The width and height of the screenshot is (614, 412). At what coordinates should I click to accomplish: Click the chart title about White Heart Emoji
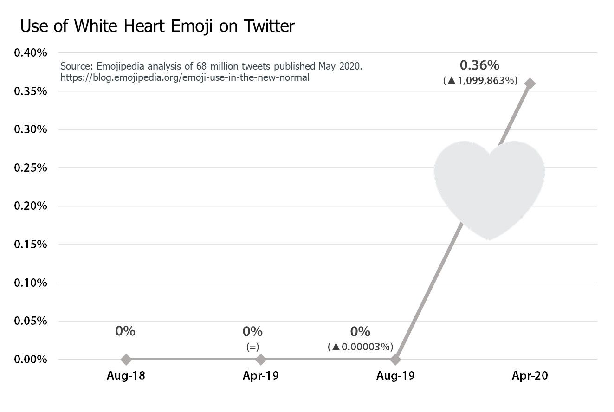pyautogui.click(x=157, y=26)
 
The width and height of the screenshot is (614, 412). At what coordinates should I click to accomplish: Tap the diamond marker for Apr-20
pyautogui.click(x=530, y=84)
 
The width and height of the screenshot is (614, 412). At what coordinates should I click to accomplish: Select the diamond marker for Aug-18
pyautogui.click(x=126, y=359)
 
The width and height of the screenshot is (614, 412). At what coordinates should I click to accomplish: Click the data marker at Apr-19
pyautogui.click(x=261, y=359)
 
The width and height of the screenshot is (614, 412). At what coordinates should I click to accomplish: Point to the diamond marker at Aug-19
pyautogui.click(x=395, y=359)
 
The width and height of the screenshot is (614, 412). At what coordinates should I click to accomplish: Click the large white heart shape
pyautogui.click(x=489, y=186)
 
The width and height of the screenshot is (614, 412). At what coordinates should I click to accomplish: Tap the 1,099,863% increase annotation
pyautogui.click(x=480, y=81)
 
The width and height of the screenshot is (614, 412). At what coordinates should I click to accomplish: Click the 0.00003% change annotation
pyautogui.click(x=361, y=347)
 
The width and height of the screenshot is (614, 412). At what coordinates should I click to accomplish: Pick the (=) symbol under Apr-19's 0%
pyautogui.click(x=252, y=347)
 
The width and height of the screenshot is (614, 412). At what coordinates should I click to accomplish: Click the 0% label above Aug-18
pyautogui.click(x=125, y=331)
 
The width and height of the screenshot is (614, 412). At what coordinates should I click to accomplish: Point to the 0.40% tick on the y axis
pyautogui.click(x=31, y=52)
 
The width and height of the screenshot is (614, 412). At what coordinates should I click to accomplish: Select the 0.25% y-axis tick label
pyautogui.click(x=31, y=167)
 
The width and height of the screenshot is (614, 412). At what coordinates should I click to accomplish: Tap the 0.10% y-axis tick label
pyautogui.click(x=31, y=283)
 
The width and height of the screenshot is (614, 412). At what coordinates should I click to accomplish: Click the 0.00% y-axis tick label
pyautogui.click(x=31, y=360)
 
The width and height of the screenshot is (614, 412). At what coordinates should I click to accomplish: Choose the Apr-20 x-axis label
pyautogui.click(x=530, y=376)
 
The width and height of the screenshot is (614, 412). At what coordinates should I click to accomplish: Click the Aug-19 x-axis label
pyautogui.click(x=395, y=376)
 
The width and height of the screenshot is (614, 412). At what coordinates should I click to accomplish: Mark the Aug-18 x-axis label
pyautogui.click(x=126, y=376)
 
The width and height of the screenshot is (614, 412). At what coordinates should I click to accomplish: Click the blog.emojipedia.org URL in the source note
pyautogui.click(x=185, y=77)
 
